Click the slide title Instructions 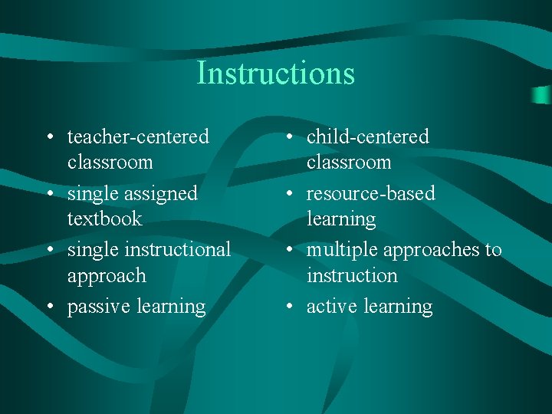coord(275,74)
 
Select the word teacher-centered coord(138,137)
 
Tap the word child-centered coord(367,137)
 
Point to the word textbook coord(104,219)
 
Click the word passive coord(99,307)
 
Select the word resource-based coord(370,194)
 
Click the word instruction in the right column coord(352,275)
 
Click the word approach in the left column coord(106,276)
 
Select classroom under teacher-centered coord(110,163)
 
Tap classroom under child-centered coord(349,163)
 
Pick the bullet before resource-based coord(288,194)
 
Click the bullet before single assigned coord(49,194)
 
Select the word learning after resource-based coord(341,219)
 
